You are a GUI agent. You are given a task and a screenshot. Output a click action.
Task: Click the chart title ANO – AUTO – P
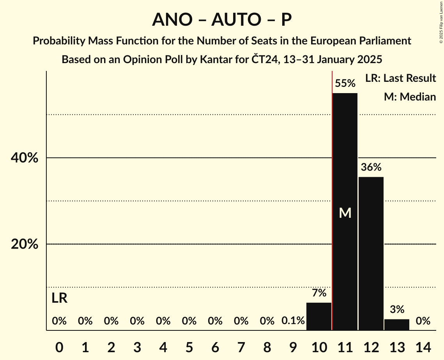222,19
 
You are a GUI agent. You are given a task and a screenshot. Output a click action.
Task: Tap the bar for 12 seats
371,253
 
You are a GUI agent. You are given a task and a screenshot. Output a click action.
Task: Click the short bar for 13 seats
397,325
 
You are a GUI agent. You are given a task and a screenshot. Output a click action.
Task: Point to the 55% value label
345,83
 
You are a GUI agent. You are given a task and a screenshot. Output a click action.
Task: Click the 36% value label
371,168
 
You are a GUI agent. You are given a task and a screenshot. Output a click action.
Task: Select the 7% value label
319,293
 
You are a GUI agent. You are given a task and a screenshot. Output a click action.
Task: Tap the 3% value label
397,310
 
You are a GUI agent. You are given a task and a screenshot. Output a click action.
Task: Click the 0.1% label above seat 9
293,321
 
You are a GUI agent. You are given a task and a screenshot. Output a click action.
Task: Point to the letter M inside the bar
345,213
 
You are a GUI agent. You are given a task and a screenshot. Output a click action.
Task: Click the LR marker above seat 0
59,298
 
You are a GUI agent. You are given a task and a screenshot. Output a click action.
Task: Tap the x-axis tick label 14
423,347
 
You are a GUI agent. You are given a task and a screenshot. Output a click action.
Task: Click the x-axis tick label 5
189,347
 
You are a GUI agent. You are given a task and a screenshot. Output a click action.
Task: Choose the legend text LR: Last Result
400,78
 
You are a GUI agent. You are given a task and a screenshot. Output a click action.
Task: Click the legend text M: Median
410,97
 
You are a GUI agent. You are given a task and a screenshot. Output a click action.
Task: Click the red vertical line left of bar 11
332,195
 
